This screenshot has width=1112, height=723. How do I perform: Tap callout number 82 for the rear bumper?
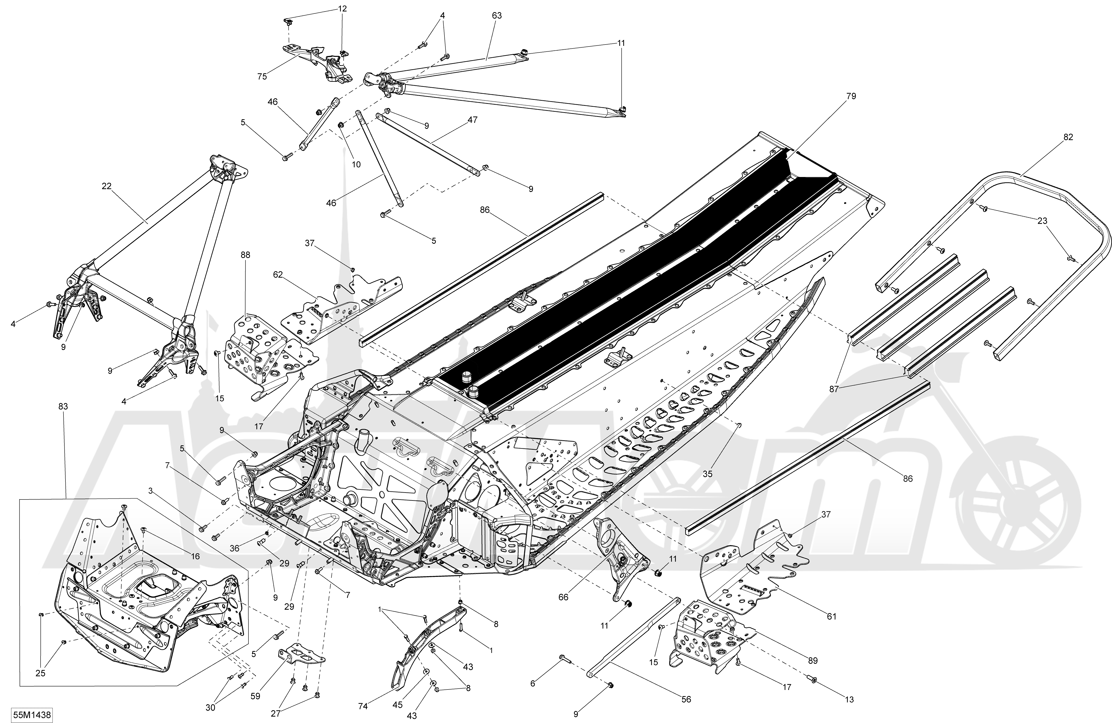click(x=1068, y=137)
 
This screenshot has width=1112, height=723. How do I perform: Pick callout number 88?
click(x=245, y=255)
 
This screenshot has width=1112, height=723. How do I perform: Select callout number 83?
click(x=63, y=407)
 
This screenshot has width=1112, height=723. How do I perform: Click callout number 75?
click(x=262, y=76)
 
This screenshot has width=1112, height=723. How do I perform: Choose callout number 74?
click(x=363, y=707)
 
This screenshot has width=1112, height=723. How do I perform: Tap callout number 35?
click(x=708, y=474)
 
